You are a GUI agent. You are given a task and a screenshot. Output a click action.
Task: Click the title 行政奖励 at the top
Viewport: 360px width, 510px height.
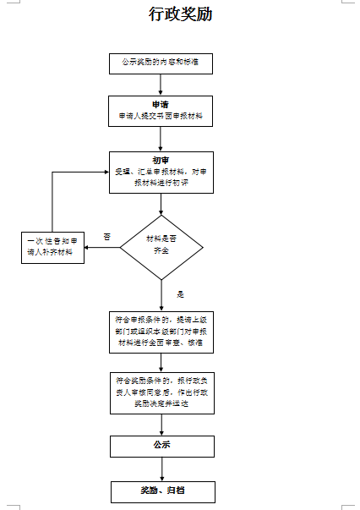180,14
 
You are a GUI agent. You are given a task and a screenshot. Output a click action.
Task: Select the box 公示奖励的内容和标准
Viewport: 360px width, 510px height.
161,63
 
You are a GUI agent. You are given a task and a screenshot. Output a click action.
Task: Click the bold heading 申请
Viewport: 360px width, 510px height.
161,104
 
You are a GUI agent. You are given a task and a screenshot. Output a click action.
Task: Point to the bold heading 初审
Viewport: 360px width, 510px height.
161,159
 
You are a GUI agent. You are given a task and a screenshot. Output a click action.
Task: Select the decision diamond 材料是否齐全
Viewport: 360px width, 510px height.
161,247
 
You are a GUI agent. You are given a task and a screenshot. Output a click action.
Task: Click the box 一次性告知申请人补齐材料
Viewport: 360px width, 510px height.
53,248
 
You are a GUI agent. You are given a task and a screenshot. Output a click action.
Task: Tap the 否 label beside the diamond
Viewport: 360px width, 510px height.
106,236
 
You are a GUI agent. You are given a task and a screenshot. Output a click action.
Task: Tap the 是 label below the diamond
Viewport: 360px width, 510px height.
180,294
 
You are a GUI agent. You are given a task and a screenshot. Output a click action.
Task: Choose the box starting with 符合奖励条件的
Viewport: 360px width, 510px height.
161,392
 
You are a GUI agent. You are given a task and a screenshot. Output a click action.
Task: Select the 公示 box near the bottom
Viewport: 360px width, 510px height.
161,446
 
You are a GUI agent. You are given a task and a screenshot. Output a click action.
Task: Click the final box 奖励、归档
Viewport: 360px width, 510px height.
161,491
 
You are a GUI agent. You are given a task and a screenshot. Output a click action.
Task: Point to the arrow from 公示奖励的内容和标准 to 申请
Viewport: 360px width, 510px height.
161,84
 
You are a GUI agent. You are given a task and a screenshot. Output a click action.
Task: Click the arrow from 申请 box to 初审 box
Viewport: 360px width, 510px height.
161,139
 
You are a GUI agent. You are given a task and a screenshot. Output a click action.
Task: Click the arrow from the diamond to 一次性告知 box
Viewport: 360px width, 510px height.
102,248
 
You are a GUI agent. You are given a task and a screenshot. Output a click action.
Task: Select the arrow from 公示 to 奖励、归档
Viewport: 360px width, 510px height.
161,469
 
